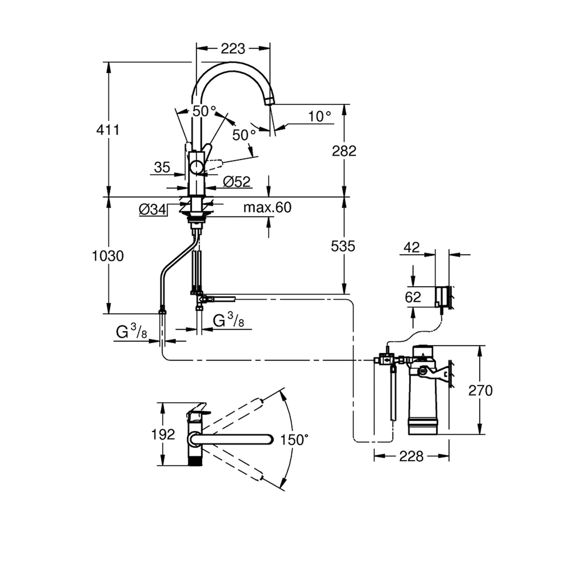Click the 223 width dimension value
[x=233, y=49]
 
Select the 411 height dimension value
[x=108, y=130]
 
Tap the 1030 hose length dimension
[x=108, y=256]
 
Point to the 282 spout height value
[x=344, y=151]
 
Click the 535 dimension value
[x=343, y=246]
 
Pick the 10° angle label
[x=319, y=117]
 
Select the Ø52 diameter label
[x=237, y=182]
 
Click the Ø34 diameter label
[x=152, y=209]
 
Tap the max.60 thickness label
[x=267, y=208]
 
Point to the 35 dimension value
[x=162, y=167]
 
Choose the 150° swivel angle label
[x=295, y=439]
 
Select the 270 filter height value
[x=481, y=390]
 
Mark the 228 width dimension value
[x=411, y=456]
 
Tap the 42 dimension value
[x=412, y=247]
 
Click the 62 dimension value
[x=413, y=297]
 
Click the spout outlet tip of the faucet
[x=270, y=102]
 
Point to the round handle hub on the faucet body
[x=197, y=168]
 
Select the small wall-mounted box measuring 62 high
[x=442, y=296]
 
